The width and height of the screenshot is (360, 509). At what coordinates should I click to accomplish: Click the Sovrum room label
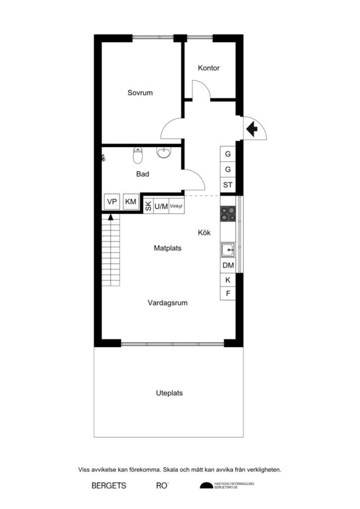pyautogui.click(x=140, y=93)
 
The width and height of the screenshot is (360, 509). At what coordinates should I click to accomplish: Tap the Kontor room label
pyautogui.click(x=208, y=68)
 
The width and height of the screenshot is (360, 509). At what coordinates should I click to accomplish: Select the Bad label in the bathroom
pyautogui.click(x=143, y=174)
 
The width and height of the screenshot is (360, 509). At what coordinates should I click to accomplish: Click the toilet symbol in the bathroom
pyautogui.click(x=138, y=156)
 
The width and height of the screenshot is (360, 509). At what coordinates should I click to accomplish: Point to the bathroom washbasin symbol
pyautogui.click(x=163, y=153)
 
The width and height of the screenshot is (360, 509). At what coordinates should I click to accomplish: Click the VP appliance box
pyautogui.click(x=111, y=202)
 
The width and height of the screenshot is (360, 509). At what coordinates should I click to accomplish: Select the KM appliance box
pyautogui.click(x=131, y=202)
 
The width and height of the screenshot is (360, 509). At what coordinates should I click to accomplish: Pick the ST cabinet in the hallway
pyautogui.click(x=228, y=185)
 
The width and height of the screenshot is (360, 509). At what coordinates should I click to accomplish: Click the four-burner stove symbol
pyautogui.click(x=228, y=214)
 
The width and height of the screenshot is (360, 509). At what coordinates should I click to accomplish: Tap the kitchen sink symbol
pyautogui.click(x=228, y=250)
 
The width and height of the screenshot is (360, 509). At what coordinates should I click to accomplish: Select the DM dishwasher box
pyautogui.click(x=228, y=265)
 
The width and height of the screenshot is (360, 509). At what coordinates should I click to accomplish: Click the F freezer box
pyautogui.click(x=228, y=293)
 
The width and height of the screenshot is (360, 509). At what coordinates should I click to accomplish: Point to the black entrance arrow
pyautogui.click(x=252, y=129)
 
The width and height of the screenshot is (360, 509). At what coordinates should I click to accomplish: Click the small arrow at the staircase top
pyautogui.click(x=110, y=216)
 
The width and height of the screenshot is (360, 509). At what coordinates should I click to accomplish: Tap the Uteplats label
pyautogui.click(x=169, y=393)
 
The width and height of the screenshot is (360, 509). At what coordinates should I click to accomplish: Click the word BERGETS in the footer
pyautogui.click(x=108, y=485)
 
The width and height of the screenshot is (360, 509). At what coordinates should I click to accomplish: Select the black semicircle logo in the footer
pyautogui.click(x=205, y=485)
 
